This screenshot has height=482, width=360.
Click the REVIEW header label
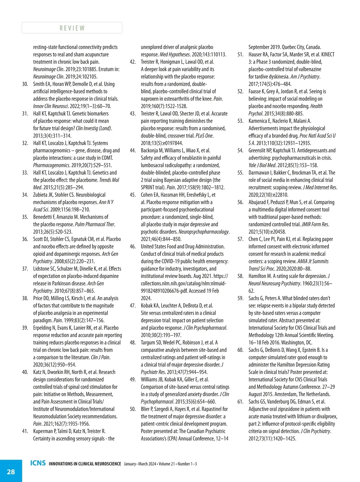tap(72, 28)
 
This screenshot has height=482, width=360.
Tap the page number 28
tap(11, 471)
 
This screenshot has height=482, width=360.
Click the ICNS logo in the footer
tap(38, 463)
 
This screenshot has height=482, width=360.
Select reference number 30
tap(25, 84)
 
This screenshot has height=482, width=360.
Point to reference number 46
tap(133, 246)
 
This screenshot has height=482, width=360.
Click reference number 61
tap(240, 402)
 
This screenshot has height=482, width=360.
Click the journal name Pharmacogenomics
tap(51, 165)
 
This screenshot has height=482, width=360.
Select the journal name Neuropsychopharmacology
tap(204, 232)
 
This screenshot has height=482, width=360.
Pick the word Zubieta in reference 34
tap(41, 195)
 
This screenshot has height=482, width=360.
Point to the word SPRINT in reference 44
tap(148, 188)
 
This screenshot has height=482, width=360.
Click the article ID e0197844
tap(172, 143)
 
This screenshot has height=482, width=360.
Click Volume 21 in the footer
tap(167, 464)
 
